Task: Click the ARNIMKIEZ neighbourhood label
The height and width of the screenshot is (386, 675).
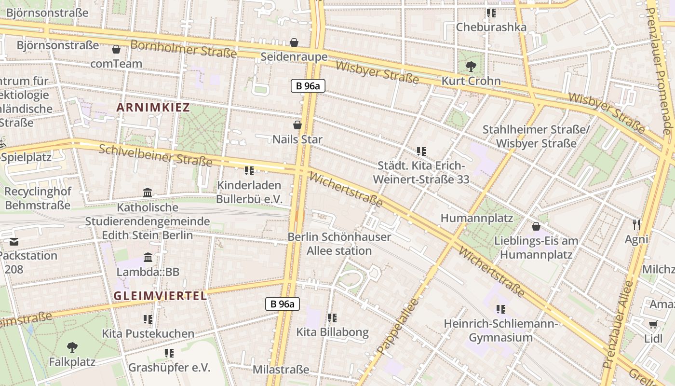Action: click(x=153, y=108)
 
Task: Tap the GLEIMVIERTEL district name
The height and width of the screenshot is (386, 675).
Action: click(x=161, y=296)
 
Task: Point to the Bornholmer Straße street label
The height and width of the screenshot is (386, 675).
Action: click(x=184, y=49)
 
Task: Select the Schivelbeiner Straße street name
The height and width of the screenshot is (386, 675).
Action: click(x=155, y=155)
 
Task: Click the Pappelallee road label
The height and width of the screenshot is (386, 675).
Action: click(x=398, y=326)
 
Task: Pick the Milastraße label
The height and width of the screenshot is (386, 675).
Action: click(x=281, y=370)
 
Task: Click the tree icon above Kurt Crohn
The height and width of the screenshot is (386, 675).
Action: click(x=471, y=67)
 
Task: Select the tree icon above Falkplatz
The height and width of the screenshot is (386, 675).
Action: click(x=72, y=347)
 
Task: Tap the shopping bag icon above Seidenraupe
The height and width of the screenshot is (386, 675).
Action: click(x=294, y=43)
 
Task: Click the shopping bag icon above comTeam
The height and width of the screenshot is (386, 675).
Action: click(x=116, y=49)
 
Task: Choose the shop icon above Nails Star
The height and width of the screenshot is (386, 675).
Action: click(x=297, y=125)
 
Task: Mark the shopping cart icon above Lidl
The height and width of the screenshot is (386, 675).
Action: click(x=653, y=324)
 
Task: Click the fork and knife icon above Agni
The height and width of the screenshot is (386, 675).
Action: click(x=636, y=224)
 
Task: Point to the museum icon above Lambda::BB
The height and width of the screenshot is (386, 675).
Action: click(x=148, y=257)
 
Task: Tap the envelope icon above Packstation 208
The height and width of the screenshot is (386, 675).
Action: click(x=13, y=241)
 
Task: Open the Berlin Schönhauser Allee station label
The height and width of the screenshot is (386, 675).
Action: click(x=339, y=244)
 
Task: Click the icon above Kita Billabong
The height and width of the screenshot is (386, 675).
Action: click(x=332, y=318)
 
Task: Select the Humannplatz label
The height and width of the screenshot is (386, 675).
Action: click(x=477, y=218)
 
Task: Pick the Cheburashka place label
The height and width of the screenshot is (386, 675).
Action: click(x=491, y=27)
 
